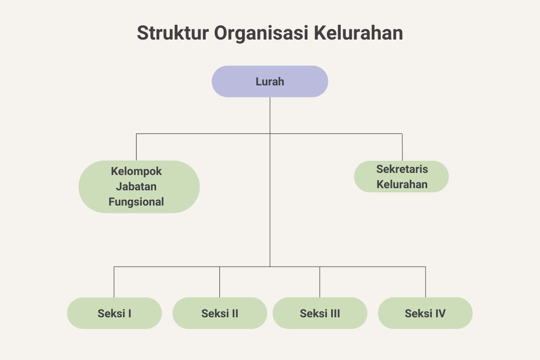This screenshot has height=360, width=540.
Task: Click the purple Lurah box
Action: point(270,81)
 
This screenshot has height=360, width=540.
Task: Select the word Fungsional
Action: point(136,202)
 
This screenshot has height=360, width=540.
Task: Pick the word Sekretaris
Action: point(402,170)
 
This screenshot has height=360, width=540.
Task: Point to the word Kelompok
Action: point(136,171)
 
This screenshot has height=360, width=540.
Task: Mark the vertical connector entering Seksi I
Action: point(114,282)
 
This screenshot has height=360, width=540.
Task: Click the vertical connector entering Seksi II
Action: point(220,282)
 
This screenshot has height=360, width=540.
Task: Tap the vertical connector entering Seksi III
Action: point(320,282)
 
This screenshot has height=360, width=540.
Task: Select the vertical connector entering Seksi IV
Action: point(425,282)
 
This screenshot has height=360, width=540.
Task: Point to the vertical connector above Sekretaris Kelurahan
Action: point(402,147)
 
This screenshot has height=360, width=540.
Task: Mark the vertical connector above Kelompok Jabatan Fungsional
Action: point(136,147)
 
